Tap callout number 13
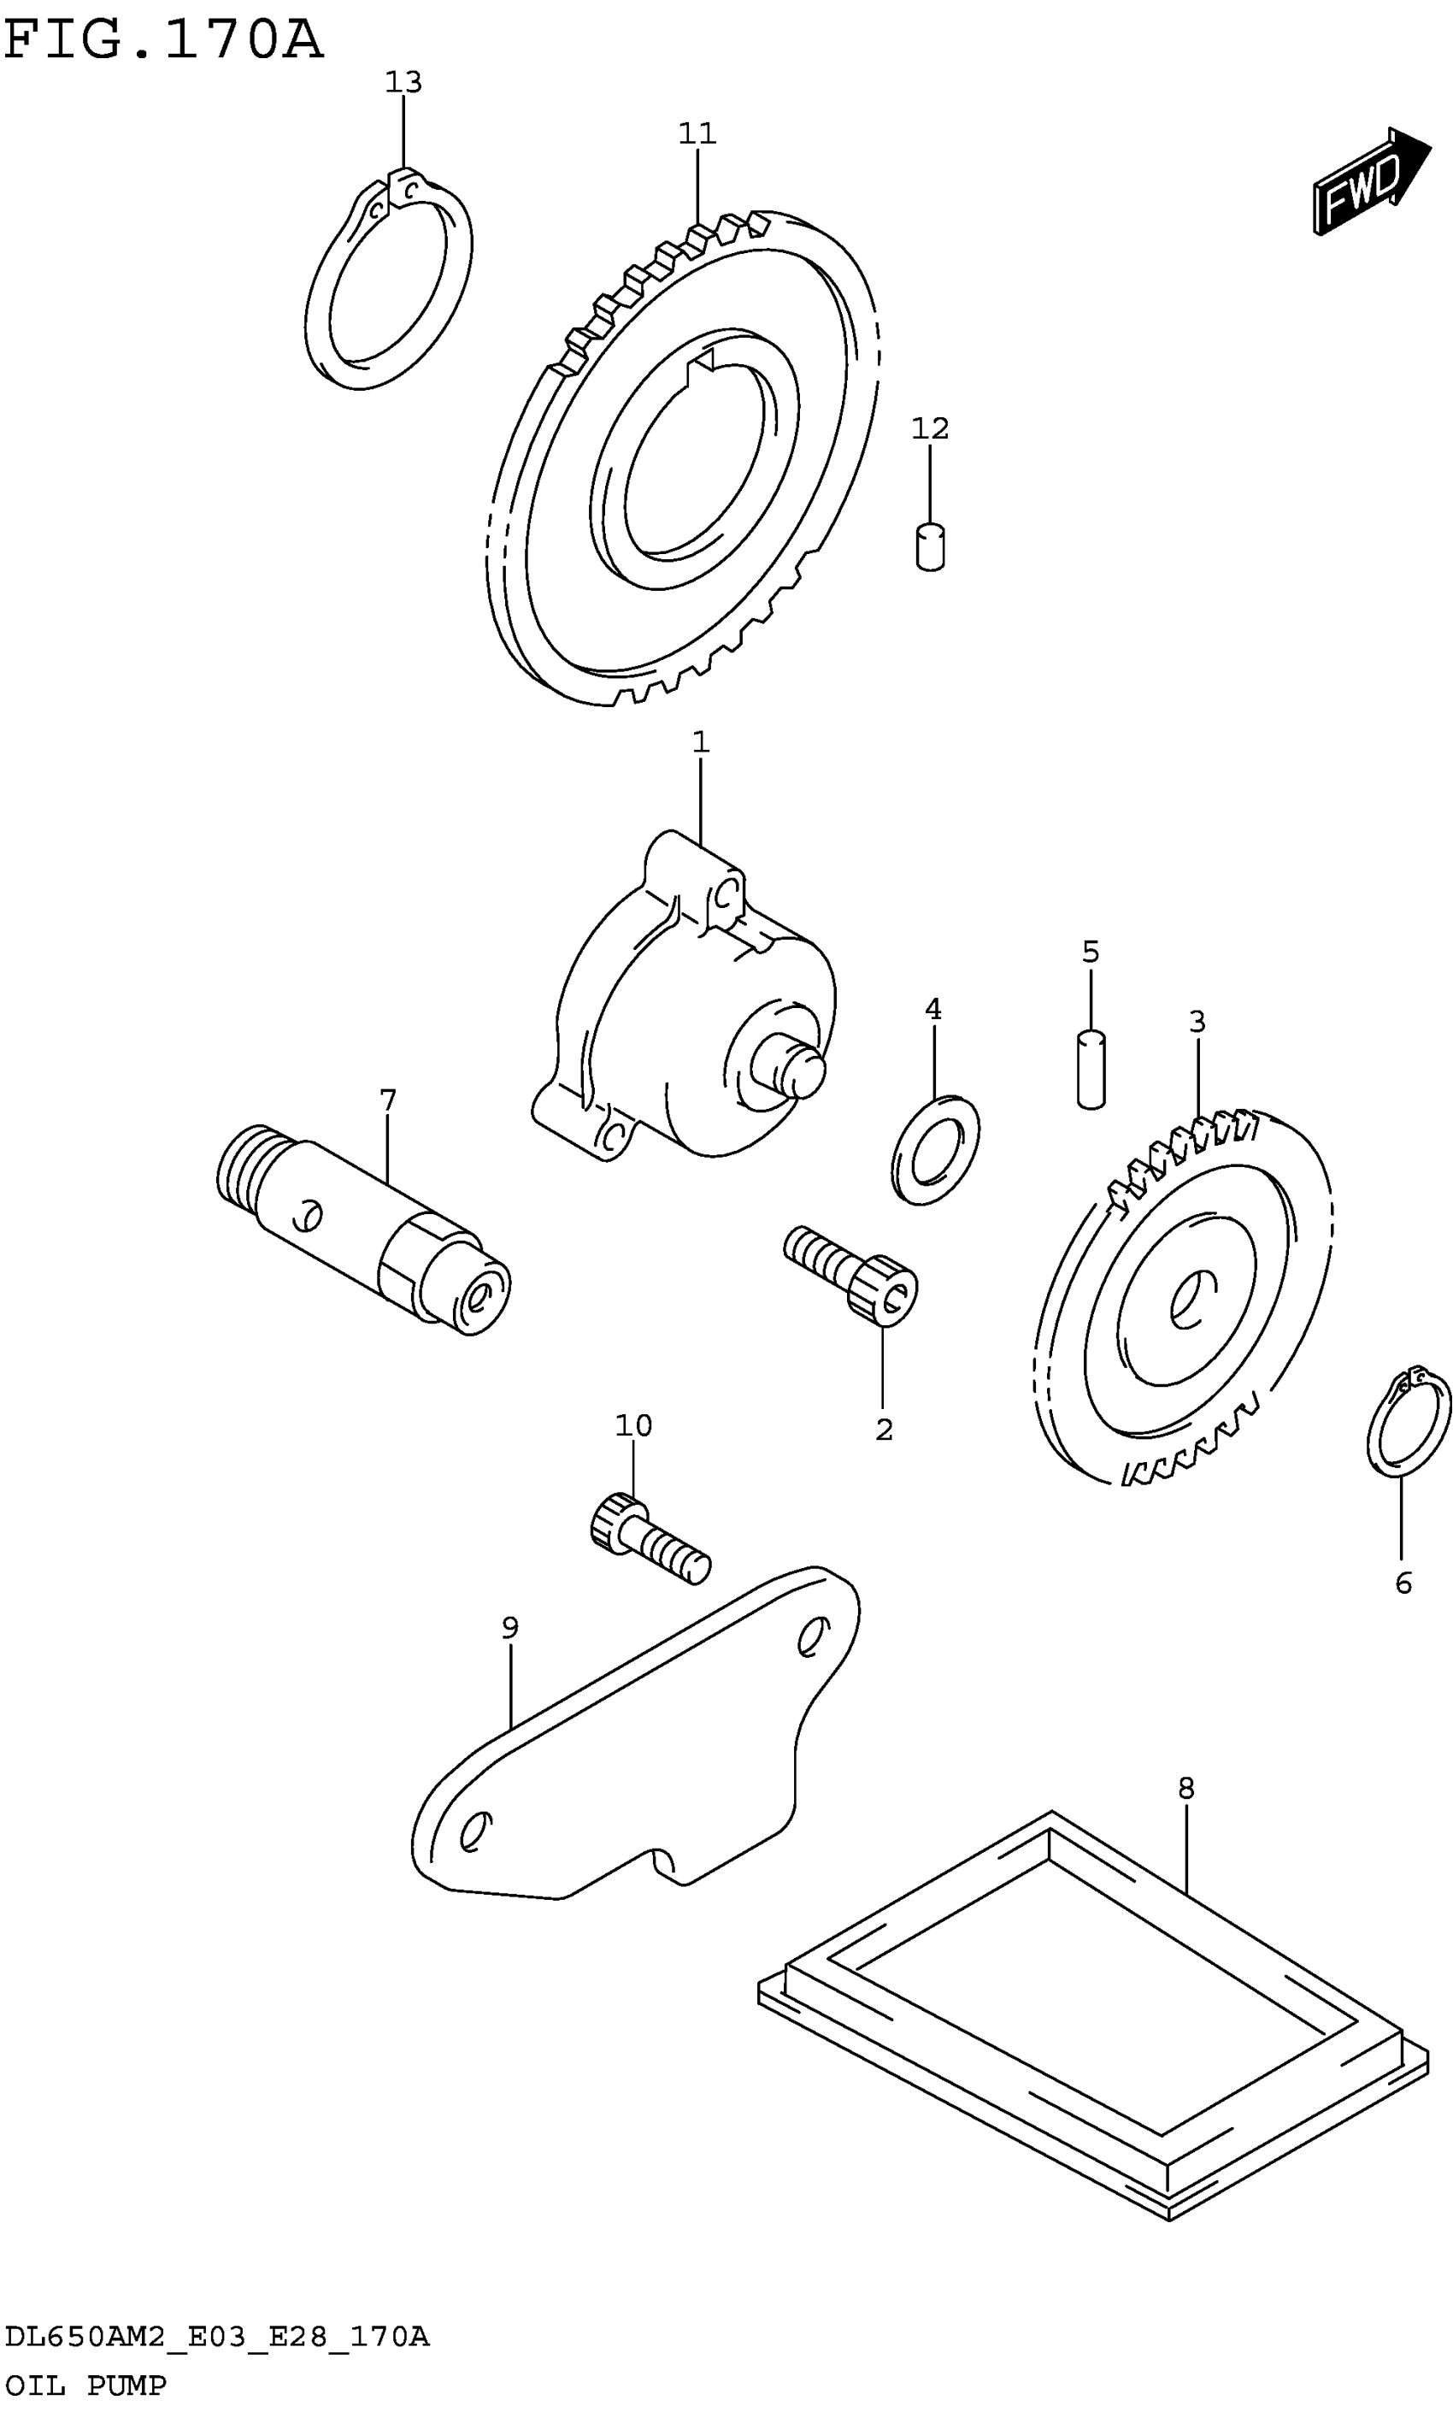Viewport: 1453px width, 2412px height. (x=403, y=82)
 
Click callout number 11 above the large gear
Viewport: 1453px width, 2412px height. (x=697, y=133)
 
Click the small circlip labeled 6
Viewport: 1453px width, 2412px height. (x=1408, y=1421)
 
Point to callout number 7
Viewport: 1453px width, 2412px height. (x=387, y=1100)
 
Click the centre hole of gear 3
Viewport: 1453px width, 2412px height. (x=1190, y=1300)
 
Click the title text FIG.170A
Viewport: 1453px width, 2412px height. (x=162, y=39)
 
